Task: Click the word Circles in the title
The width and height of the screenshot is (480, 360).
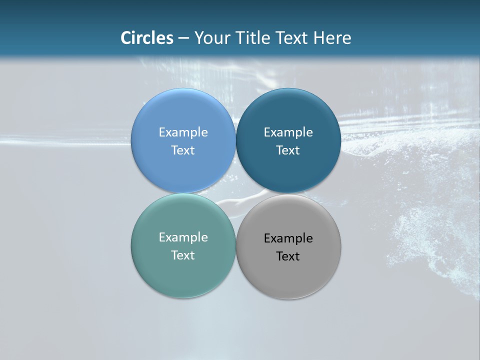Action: pos(147,38)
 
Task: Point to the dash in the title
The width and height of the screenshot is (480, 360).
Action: pos(183,38)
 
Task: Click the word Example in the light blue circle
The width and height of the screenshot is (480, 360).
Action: pos(183,132)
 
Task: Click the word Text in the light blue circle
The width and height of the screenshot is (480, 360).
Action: pos(183,150)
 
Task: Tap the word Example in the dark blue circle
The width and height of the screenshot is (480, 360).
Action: pos(288,132)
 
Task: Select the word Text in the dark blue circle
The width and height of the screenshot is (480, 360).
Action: pos(288,150)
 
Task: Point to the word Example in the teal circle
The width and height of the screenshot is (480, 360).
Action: pos(183,237)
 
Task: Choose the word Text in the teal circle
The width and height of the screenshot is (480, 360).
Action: pos(183,255)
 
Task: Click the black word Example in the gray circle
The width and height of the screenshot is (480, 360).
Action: pos(288,238)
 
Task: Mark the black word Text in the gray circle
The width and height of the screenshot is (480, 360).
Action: pos(288,256)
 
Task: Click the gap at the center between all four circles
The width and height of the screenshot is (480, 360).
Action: pos(235,193)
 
